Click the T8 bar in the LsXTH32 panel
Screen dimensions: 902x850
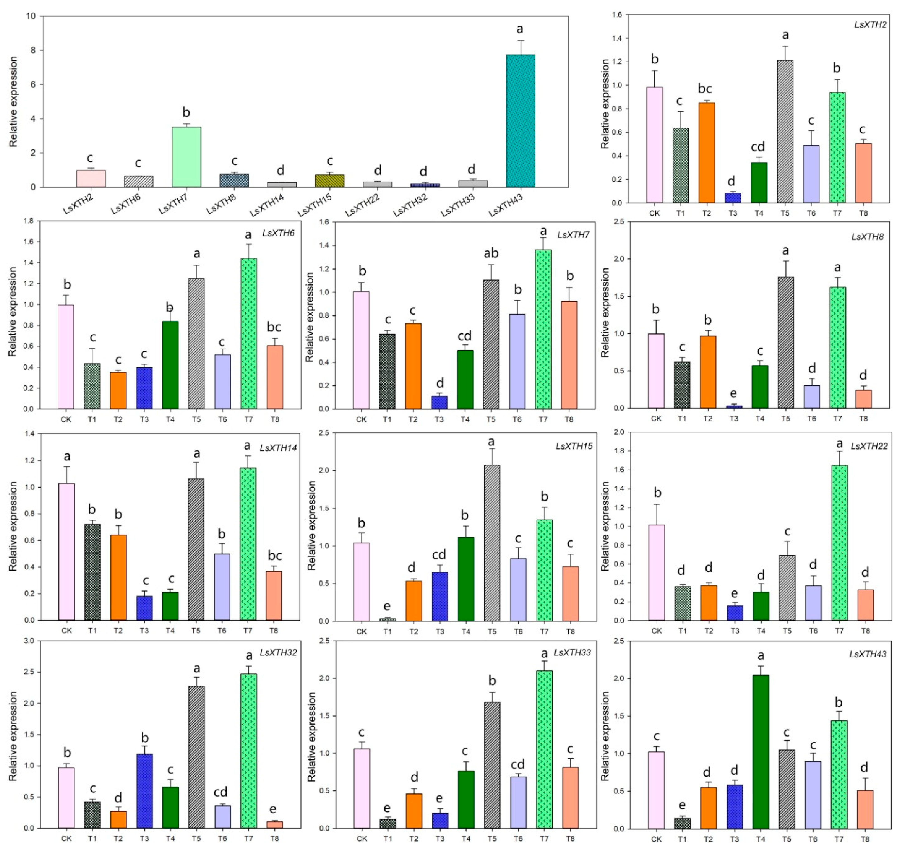(x=274, y=825)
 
